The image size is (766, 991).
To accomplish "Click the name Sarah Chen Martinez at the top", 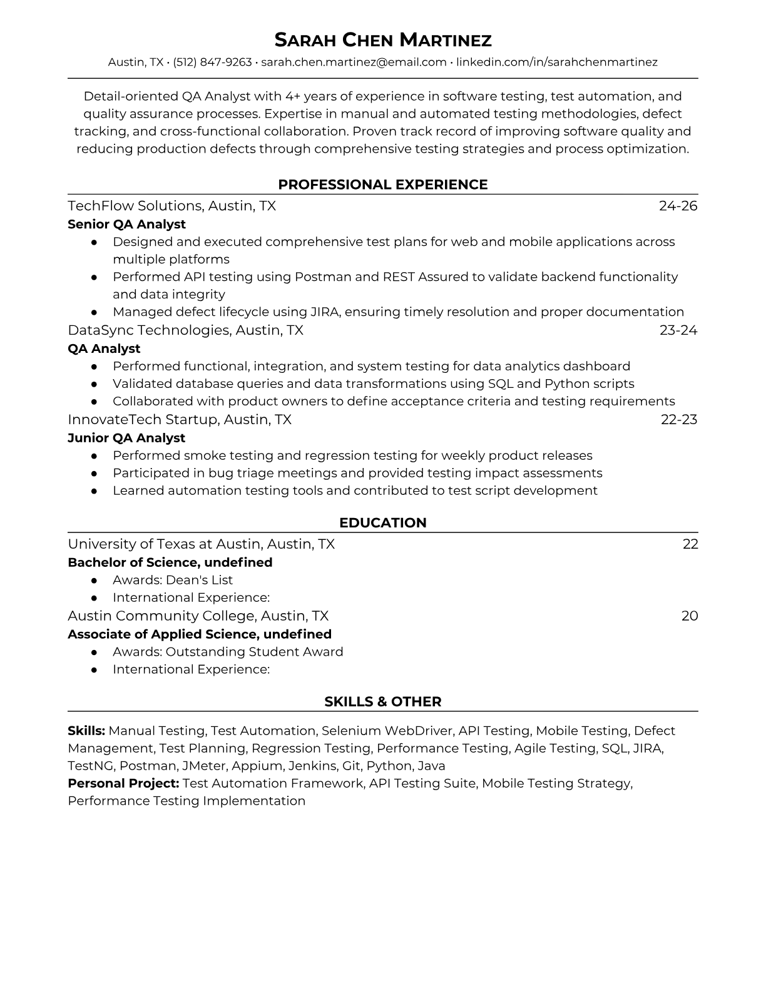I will (x=383, y=40).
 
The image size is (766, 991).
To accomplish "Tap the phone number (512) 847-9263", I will (x=212, y=62).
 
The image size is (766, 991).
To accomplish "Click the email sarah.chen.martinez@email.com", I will (x=354, y=62).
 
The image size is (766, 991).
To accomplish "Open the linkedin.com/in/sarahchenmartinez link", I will (x=556, y=62).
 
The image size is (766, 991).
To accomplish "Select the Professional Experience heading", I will (x=383, y=185).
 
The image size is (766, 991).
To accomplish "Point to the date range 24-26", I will (x=678, y=206).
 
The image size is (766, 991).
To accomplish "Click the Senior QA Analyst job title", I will (x=126, y=224).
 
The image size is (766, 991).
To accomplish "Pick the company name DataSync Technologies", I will (x=148, y=330).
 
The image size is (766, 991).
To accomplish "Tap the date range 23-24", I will (x=678, y=330).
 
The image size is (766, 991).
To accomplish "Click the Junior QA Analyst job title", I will (x=126, y=438).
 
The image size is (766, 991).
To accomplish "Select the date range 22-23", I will (x=678, y=419).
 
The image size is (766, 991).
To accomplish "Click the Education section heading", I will (x=383, y=523).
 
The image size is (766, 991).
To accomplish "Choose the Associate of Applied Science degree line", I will (x=199, y=634).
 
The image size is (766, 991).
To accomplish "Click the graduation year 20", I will (x=689, y=616).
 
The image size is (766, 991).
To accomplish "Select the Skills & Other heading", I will (x=383, y=702).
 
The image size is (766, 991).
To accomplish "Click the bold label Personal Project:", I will (x=123, y=783).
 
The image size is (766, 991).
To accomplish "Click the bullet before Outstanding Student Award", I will (x=94, y=652).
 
